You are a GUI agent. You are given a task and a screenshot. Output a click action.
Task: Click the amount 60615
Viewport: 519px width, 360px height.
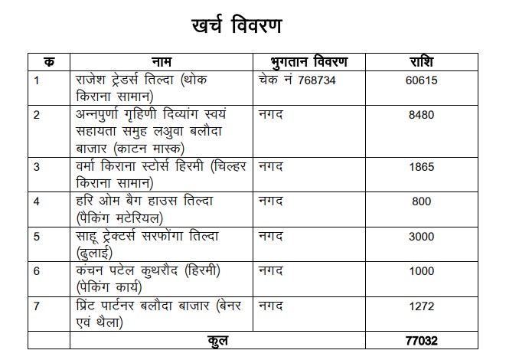coord(423,80)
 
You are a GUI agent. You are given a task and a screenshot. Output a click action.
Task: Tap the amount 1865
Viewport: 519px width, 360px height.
coord(423,166)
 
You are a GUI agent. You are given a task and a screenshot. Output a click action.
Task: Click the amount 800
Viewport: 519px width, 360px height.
coord(423,202)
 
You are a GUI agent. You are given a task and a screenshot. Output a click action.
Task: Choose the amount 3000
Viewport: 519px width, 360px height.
coord(423,237)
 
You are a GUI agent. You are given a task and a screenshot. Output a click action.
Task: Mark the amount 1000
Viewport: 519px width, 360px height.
coord(423,273)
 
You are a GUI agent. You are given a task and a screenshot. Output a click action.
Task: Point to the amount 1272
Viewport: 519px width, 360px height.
coord(423,308)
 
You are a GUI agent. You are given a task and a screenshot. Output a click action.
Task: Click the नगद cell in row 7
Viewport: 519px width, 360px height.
coord(272,307)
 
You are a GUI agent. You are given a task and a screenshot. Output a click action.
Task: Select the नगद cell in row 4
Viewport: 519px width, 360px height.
coord(272,201)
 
